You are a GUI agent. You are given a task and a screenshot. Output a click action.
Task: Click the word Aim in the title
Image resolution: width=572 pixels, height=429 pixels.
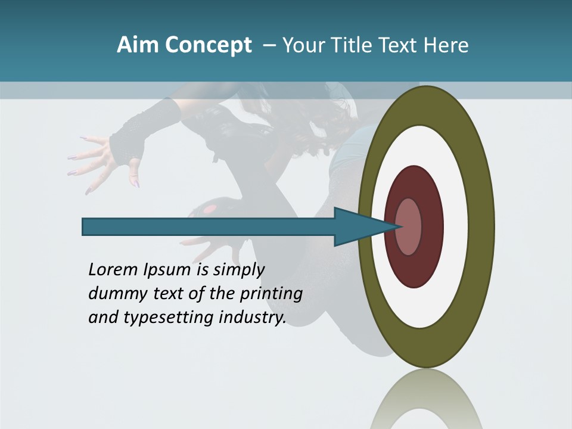click(x=138, y=45)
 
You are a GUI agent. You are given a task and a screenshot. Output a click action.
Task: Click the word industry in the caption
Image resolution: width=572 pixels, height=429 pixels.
click(x=252, y=318)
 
